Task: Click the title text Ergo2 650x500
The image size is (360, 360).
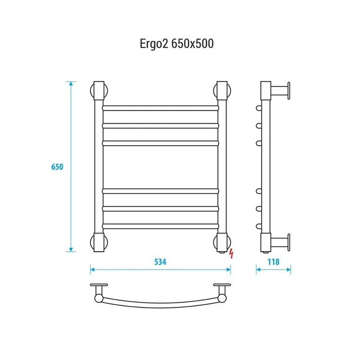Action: [x=176, y=44]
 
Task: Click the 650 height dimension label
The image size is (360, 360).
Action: [x=57, y=166]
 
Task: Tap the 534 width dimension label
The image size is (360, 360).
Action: [x=160, y=262]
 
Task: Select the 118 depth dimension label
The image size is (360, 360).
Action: [x=274, y=262]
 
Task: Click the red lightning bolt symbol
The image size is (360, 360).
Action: [x=231, y=253]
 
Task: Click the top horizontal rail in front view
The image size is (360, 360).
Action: [x=161, y=108]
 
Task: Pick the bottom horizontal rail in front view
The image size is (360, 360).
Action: [x=161, y=226]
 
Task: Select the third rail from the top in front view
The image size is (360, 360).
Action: [x=161, y=143]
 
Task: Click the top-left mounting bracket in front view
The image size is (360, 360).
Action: [x=99, y=90]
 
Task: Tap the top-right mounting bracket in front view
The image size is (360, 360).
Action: [x=222, y=90]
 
